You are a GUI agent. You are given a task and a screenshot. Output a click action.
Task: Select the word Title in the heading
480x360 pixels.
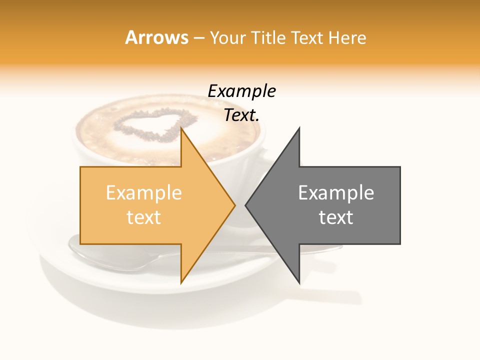(269, 37)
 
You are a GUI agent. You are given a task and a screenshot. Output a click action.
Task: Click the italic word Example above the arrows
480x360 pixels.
(241, 91)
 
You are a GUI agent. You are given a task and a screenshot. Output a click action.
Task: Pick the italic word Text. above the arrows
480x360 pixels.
(241, 115)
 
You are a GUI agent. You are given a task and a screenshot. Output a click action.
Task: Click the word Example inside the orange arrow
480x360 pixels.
(144, 193)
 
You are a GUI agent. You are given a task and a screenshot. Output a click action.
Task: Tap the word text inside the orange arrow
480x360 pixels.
(144, 217)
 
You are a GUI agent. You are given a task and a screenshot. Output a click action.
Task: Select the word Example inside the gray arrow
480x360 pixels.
(336, 193)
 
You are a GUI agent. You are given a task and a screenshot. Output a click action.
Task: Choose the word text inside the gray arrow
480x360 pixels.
(336, 217)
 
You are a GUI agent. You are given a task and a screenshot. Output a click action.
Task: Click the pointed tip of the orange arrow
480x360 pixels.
(234, 205)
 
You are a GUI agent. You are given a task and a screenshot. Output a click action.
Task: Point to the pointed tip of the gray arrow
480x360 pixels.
(246, 205)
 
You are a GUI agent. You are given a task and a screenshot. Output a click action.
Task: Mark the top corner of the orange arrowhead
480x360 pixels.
(181, 128)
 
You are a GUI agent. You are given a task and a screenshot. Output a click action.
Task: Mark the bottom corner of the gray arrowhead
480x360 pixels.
(299, 283)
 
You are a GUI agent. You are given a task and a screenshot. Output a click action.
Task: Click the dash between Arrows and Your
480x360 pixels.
(198, 38)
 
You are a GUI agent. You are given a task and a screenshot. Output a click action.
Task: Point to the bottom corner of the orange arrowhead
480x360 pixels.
(181, 283)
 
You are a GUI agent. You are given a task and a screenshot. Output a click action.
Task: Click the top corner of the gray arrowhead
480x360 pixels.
(299, 128)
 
